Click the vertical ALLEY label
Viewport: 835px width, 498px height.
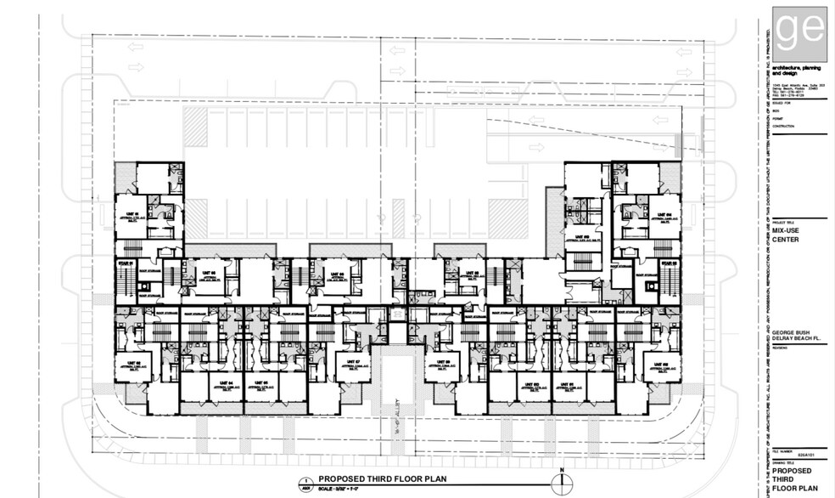click(399, 417)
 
